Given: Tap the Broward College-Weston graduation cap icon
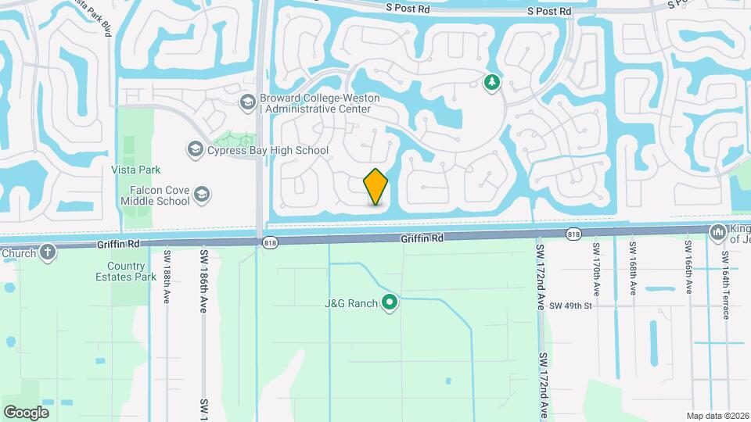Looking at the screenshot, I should pyautogui.click(x=247, y=102).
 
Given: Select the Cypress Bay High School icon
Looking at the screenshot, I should pyautogui.click(x=195, y=149).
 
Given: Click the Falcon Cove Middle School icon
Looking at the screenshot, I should pyautogui.click(x=201, y=194).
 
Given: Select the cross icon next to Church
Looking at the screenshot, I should pyautogui.click(x=48, y=252).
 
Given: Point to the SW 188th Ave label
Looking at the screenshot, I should pyautogui.click(x=167, y=277).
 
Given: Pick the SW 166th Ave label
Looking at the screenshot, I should pyautogui.click(x=688, y=267).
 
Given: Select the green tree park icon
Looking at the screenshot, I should pyautogui.click(x=491, y=82).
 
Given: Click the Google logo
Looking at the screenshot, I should pyautogui.click(x=26, y=412).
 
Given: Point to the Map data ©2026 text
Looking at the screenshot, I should pyautogui.click(x=716, y=416).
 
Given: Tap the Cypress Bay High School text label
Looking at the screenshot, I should pyautogui.click(x=268, y=150).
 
